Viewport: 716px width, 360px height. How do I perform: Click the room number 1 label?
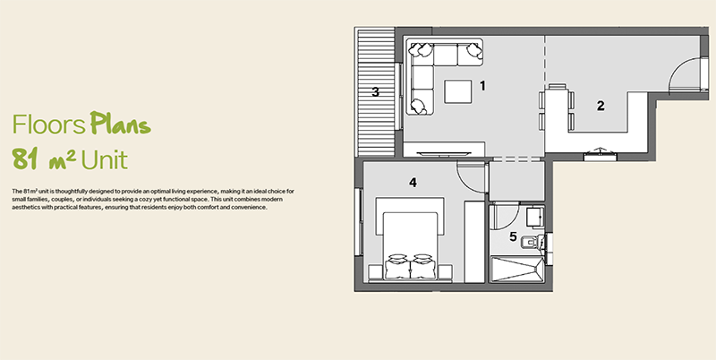point(482,86)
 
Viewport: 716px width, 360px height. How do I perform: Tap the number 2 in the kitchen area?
point(601,106)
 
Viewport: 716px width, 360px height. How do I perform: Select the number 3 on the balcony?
point(375,92)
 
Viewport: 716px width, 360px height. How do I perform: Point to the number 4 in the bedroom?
point(413,183)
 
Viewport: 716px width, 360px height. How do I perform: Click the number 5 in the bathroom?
point(513,236)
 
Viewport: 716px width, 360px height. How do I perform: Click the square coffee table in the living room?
point(458,92)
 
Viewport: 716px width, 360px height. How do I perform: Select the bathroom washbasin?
point(534,218)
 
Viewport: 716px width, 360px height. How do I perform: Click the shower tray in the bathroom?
point(517,269)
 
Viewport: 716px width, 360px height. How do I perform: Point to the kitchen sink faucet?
point(600,151)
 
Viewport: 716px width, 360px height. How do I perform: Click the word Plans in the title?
point(121,124)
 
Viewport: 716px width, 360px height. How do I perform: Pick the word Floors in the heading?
point(49,124)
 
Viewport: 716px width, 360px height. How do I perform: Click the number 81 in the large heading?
point(25,159)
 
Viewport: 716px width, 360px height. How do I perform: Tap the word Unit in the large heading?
point(104,160)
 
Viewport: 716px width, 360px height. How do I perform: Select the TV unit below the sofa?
point(444,150)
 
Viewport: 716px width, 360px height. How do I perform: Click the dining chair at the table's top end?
point(557,86)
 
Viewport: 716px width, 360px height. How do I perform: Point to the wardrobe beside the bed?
point(474,242)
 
